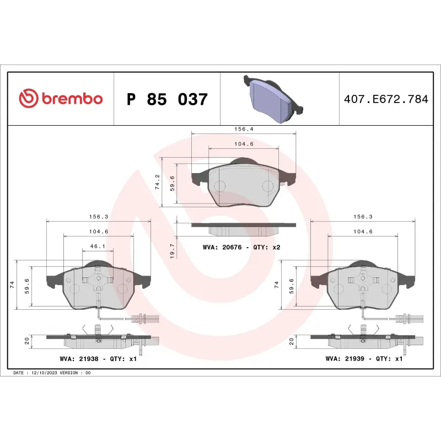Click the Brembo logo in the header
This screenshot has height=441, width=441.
point(61,99)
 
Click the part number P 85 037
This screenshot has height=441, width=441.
point(167,100)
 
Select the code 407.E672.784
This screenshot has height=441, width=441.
point(386,100)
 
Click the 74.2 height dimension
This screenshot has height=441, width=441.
point(158,182)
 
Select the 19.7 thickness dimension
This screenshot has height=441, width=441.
point(172,251)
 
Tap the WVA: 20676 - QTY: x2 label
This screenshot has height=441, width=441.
point(241,248)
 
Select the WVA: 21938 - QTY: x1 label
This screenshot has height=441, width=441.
point(98,358)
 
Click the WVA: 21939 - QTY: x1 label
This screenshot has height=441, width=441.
point(364,358)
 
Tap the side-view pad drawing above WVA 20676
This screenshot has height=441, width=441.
point(243,226)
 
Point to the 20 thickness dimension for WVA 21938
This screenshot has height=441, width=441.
point(26,341)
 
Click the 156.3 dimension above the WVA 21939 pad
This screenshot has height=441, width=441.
point(363,217)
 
